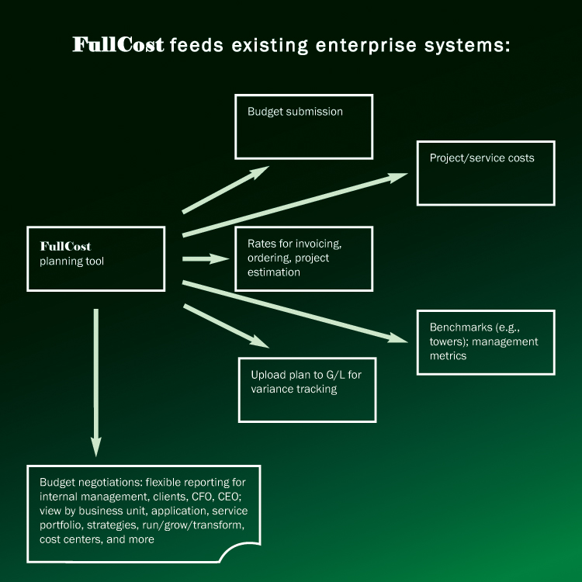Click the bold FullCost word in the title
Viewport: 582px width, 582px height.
118,45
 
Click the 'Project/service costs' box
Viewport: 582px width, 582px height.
486,173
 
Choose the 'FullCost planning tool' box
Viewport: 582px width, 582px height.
95,258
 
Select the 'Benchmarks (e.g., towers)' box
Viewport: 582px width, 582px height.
486,342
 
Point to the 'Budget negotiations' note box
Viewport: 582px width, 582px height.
144,514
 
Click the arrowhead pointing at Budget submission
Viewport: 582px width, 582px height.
260,171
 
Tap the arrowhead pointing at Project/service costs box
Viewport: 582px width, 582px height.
398,175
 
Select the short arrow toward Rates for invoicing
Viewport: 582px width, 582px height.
206,259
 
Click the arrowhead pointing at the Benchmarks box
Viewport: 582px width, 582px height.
398,338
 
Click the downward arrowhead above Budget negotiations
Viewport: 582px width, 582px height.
96,447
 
